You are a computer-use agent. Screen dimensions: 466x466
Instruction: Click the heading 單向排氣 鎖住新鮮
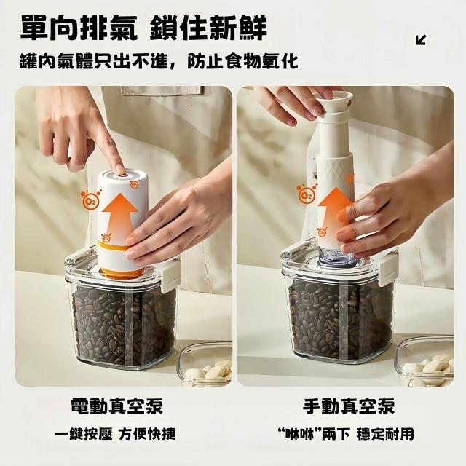(x=143, y=28)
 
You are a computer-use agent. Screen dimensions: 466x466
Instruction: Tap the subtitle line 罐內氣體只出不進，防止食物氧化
(x=159, y=61)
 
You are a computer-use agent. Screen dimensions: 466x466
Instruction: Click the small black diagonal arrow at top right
(x=421, y=40)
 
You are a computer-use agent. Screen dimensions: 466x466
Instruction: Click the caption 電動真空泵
(x=117, y=406)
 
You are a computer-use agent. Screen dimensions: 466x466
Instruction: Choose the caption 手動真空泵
(x=349, y=406)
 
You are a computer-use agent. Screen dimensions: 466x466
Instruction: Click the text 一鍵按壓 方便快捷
(x=115, y=434)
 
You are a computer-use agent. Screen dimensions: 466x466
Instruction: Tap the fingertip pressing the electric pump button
(x=119, y=169)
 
